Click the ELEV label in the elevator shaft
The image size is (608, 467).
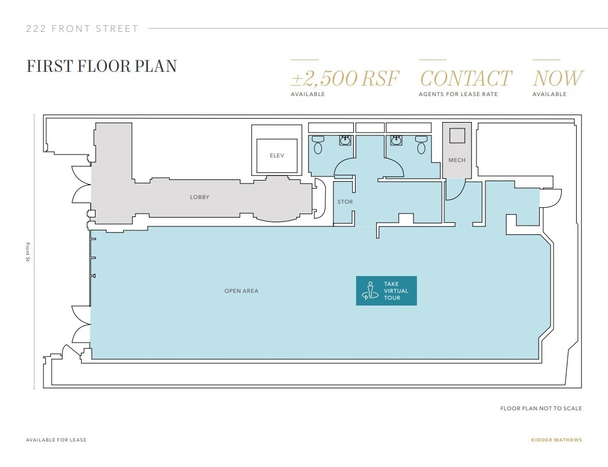pos(277,156)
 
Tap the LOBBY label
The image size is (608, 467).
pos(199,197)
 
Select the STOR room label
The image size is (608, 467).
pos(345,202)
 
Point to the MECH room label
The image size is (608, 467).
pos(457,160)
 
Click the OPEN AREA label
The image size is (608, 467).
pos(241,291)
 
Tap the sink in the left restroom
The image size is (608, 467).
pos(346,140)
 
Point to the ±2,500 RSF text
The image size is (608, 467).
pos(345,79)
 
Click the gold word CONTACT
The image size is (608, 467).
pos(466,79)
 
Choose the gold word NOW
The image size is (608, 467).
pos(558,79)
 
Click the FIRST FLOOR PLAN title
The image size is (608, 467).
pos(101,65)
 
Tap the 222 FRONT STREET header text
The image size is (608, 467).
pos(82,28)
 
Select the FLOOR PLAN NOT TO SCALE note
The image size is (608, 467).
pos(541,409)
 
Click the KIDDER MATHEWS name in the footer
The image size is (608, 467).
pos(556,440)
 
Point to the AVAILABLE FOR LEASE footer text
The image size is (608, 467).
pos(56,440)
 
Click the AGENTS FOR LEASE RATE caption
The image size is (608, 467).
pos(458,94)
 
